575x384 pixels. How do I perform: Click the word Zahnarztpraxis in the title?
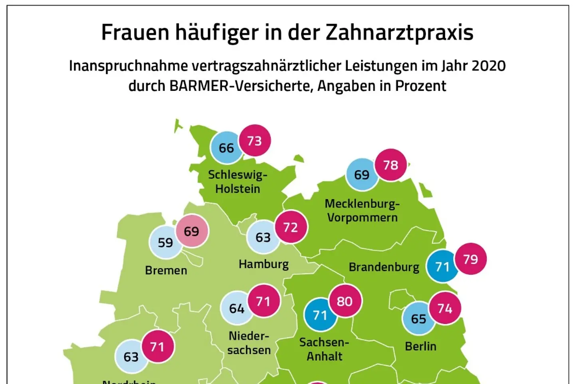pyautogui.click(x=399, y=33)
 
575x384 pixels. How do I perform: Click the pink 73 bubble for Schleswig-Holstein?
pyautogui.click(x=254, y=141)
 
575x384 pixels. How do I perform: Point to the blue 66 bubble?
pyautogui.click(x=226, y=148)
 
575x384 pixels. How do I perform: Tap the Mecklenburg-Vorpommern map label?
pyautogui.click(x=362, y=210)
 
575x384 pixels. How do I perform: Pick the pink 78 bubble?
pyautogui.click(x=391, y=165)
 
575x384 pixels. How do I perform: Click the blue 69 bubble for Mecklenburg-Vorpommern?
pyautogui.click(x=362, y=175)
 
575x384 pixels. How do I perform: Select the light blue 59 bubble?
pyautogui.click(x=165, y=242)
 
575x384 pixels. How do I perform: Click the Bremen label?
pyautogui.click(x=166, y=270)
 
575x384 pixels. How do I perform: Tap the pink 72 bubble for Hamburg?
pyautogui.click(x=291, y=227)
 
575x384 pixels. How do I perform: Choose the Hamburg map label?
pyautogui.click(x=264, y=264)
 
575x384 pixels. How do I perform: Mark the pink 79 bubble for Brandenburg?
pyautogui.click(x=470, y=259)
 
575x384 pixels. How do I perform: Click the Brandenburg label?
pyautogui.click(x=384, y=267)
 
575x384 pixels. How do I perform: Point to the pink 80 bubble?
pyautogui.click(x=345, y=301)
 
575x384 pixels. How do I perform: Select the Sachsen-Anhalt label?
pyautogui.click(x=324, y=349)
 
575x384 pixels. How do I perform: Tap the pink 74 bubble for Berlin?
pyautogui.click(x=445, y=308)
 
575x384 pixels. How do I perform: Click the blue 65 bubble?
pyautogui.click(x=418, y=319)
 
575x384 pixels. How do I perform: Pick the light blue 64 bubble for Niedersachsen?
pyautogui.click(x=236, y=308)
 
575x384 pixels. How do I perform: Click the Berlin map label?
pyautogui.click(x=420, y=346)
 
